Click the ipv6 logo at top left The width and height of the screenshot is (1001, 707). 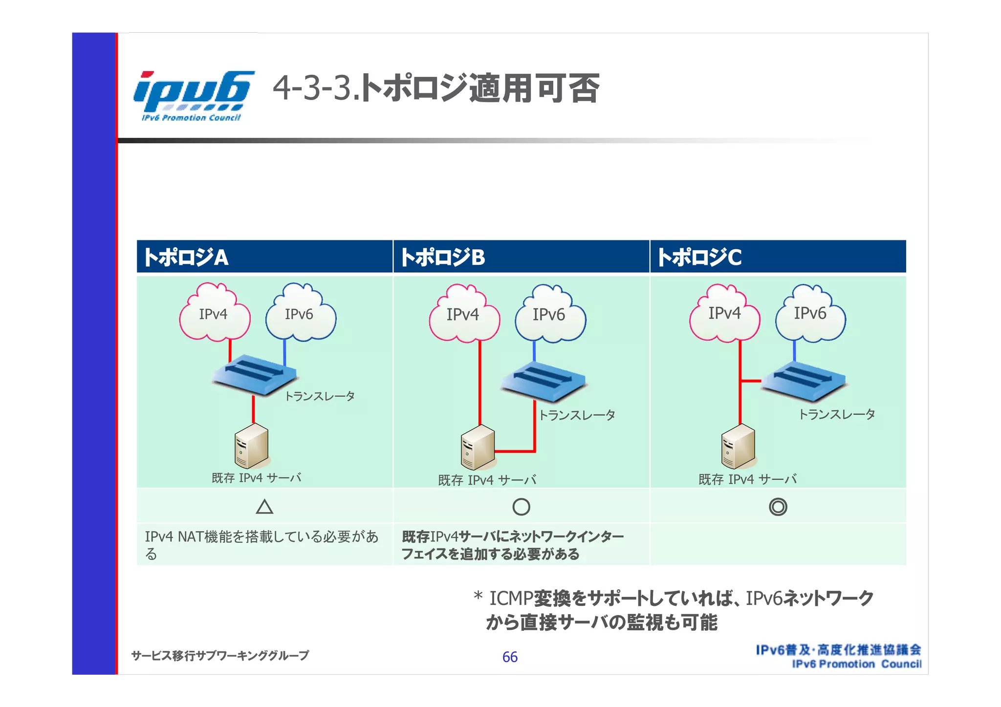tap(193, 96)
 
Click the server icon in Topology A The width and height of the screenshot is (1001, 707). tap(252, 446)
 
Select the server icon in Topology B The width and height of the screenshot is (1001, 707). tap(478, 447)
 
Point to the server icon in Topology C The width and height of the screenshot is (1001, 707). tap(739, 446)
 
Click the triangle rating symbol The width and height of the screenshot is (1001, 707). tap(264, 507)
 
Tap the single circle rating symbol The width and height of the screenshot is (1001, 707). tap(521, 507)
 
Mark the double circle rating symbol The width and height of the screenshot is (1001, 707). tap(778, 507)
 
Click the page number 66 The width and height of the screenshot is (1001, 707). tap(510, 657)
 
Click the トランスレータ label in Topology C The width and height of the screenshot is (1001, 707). tap(836, 415)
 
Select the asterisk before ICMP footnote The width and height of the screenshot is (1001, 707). tap(478, 596)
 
